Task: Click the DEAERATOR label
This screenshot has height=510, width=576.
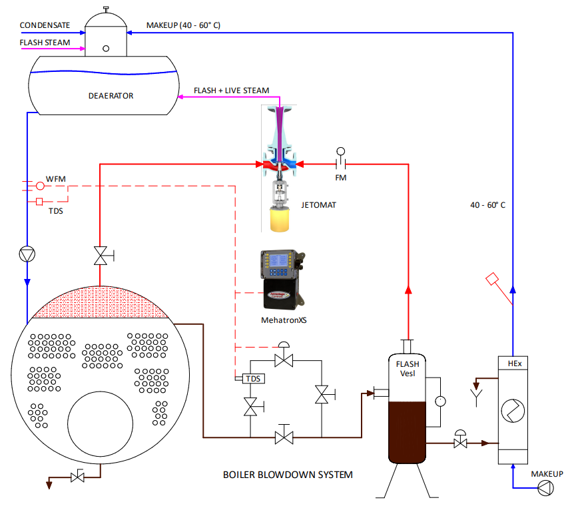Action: tap(111, 96)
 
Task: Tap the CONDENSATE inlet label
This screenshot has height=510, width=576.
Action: tap(45, 25)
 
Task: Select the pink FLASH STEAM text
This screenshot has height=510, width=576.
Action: tap(45, 43)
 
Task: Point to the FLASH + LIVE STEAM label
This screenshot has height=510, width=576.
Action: tap(231, 91)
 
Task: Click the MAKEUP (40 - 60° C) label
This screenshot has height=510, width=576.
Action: tap(183, 25)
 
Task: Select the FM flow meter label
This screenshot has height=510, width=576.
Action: tap(341, 178)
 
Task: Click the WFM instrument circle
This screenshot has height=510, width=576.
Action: tap(40, 186)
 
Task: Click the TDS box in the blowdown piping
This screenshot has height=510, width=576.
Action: tap(253, 379)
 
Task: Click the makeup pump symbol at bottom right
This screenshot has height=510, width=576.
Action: tap(545, 489)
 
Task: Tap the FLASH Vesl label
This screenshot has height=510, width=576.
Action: tap(408, 368)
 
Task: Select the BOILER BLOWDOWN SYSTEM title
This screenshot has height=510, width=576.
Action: tap(288, 475)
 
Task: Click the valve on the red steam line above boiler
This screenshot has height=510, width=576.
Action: tap(101, 256)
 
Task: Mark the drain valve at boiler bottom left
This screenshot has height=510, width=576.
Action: tap(78, 477)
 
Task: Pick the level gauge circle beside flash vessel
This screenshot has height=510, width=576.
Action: tap(439, 401)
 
